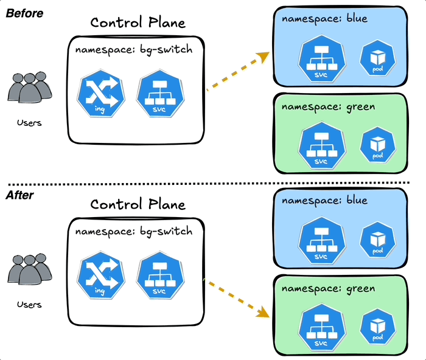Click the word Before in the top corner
pos(24,13)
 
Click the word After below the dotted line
pos(20,195)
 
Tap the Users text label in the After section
pos(29,304)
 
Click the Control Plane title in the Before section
pos(138,23)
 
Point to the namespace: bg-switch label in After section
pos(133,232)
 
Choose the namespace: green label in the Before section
pos(328,107)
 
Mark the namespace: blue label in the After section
pos(324,200)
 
